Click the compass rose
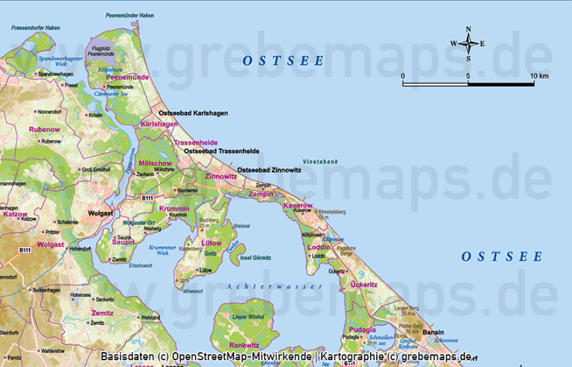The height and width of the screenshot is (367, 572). [x=468, y=43]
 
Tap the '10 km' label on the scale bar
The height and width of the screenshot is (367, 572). [x=539, y=76]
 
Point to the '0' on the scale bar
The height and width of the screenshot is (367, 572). [x=403, y=76]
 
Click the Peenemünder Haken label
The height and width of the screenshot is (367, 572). [x=130, y=14]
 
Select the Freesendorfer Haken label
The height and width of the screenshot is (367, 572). [x=35, y=28]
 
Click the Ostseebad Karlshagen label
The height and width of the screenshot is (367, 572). [x=194, y=113]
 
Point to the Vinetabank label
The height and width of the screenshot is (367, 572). [x=320, y=161]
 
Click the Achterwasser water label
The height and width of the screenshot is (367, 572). [x=276, y=286]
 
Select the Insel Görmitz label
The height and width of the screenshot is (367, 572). [x=255, y=257]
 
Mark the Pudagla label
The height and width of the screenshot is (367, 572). [x=362, y=329]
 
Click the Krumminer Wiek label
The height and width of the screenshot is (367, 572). [x=162, y=250]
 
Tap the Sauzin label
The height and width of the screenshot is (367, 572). [x=123, y=242]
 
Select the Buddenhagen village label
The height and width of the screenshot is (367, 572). [x=46, y=289]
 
